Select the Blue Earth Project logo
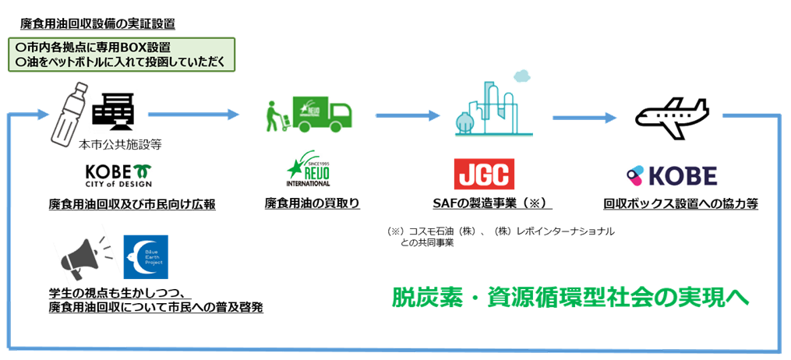pos(146,257)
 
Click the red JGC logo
pos(484,175)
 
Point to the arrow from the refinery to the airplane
pos(584,118)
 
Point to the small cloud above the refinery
pos(520,76)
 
